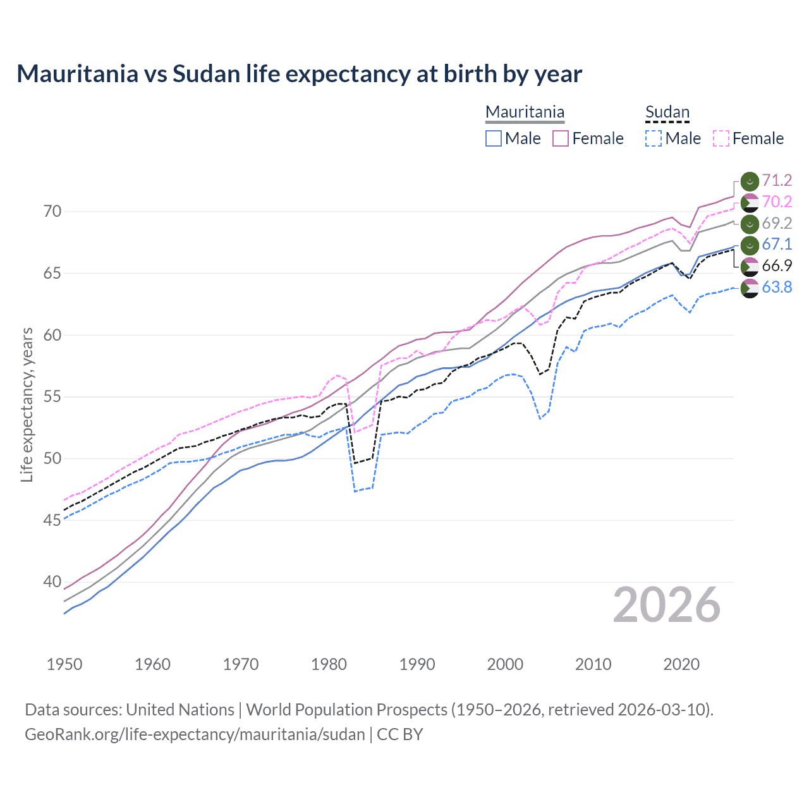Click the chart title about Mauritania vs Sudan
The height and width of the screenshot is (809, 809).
[299, 74]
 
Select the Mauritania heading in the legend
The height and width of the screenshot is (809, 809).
[525, 113]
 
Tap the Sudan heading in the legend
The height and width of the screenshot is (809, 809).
[667, 113]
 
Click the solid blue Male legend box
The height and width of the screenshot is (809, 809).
[494, 138]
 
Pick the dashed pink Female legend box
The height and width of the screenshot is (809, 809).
[721, 138]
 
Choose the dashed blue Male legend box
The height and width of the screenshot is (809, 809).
[654, 138]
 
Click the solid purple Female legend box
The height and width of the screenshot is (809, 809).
[561, 138]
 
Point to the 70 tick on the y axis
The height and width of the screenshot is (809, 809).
[52, 211]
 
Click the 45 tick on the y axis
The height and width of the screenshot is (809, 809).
[52, 520]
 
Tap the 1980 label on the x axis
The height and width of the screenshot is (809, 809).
[329, 664]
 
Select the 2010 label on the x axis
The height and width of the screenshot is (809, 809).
[593, 664]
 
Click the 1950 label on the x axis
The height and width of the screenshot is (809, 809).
[64, 664]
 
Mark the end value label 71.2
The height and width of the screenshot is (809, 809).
[777, 181]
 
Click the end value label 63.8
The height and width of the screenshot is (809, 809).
[777, 288]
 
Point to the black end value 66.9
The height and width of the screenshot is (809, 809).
[777, 266]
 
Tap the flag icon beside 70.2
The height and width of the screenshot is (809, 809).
[750, 202]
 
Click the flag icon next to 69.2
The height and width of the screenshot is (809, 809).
[750, 224]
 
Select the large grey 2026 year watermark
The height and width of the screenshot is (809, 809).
[666, 605]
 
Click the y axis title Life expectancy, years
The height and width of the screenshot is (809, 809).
[27, 404]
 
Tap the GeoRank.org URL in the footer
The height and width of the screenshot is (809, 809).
[195, 734]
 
